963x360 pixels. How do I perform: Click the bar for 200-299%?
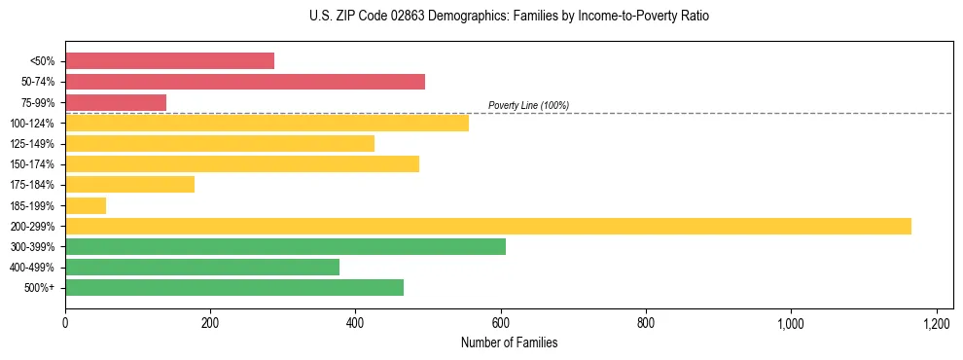click(x=487, y=226)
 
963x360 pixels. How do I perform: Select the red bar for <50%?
click(x=169, y=60)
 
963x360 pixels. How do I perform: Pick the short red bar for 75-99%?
click(x=115, y=102)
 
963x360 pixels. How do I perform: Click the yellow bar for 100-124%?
click(x=267, y=123)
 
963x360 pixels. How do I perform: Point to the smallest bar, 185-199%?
click(x=86, y=205)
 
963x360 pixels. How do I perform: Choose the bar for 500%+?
click(x=233, y=287)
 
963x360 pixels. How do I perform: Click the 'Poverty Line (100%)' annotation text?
click(x=528, y=105)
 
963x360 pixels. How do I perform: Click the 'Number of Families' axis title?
click(x=509, y=343)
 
